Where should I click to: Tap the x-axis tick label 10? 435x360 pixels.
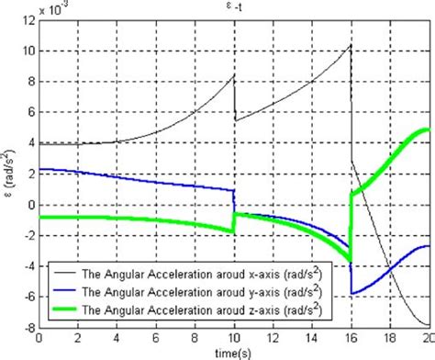(x=233, y=338)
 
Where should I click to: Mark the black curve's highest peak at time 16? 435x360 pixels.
(x=351, y=44)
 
